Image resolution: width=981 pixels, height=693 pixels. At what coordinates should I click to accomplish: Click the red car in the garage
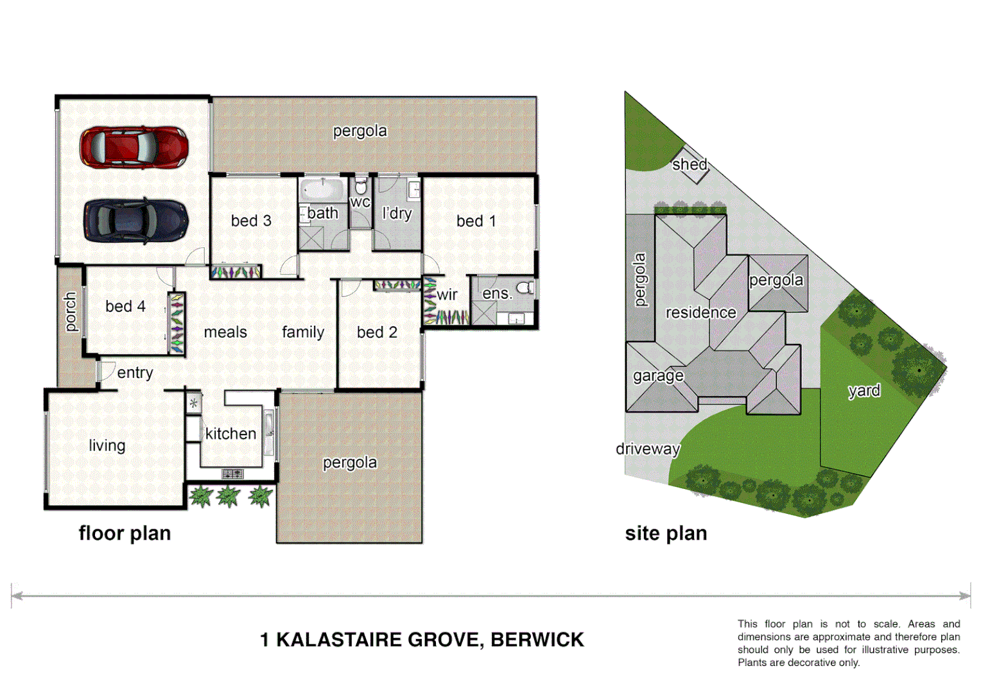coord(134,147)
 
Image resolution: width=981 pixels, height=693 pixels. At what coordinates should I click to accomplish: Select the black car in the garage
coord(135,220)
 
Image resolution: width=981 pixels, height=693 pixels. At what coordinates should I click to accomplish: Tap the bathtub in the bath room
coord(322,190)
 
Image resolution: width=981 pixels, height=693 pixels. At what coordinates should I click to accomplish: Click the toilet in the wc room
coord(360,187)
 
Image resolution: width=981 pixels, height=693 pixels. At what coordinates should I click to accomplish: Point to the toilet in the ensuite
coord(526,287)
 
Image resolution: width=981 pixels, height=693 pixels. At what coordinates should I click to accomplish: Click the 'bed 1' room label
coord(476,221)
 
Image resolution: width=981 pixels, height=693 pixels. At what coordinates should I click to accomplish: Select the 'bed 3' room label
coord(251,221)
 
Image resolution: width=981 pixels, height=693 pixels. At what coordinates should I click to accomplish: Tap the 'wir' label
coord(447,295)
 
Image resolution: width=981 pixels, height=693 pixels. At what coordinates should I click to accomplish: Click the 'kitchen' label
coord(230,434)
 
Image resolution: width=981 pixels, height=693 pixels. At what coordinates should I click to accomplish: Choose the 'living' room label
coord(107,445)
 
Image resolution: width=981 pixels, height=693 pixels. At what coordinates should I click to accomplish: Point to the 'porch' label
coord(70,312)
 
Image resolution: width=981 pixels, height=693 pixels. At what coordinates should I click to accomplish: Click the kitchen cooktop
coord(232,474)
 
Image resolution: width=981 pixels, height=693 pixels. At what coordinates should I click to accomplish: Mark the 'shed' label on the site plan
coord(690,165)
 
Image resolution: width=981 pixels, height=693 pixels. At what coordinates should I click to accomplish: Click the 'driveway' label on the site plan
coord(648,449)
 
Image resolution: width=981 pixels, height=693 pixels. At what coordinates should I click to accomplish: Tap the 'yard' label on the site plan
coord(864,391)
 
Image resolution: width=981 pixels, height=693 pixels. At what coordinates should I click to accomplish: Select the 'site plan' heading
coord(666,534)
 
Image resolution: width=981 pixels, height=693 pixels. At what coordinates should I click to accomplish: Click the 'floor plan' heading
coord(125,534)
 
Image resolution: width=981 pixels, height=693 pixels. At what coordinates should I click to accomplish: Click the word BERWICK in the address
coord(537,640)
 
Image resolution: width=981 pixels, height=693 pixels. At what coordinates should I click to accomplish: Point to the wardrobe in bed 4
coord(176,323)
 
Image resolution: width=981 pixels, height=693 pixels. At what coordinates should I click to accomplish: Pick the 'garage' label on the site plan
coord(658,376)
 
